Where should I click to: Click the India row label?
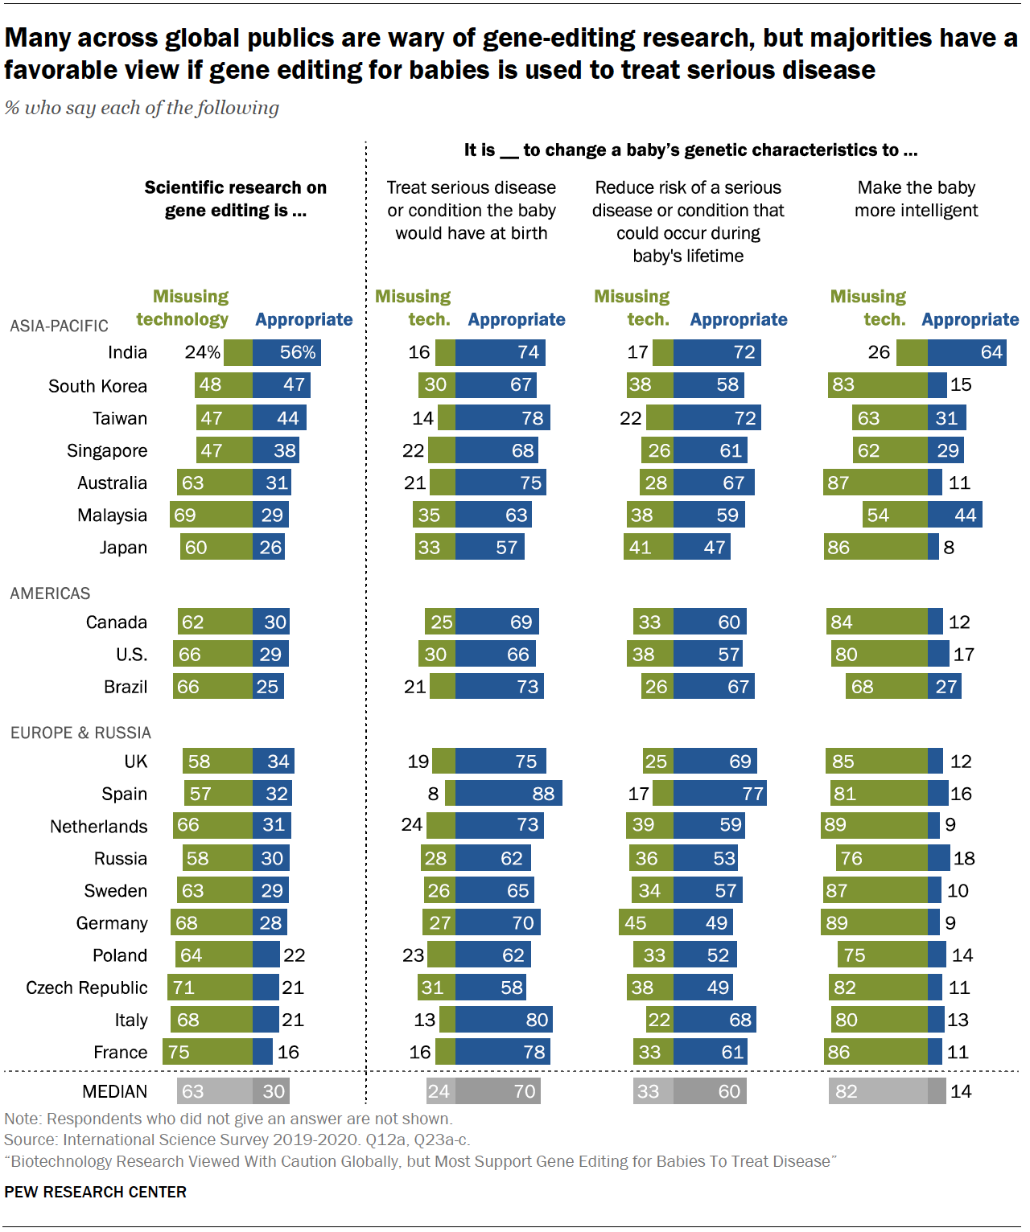[x=127, y=352]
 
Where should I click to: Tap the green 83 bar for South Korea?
[x=877, y=384]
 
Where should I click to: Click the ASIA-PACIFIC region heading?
[x=59, y=326]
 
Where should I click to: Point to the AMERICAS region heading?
[x=50, y=593]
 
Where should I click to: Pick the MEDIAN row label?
[x=114, y=1091]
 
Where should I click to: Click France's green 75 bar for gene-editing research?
[x=208, y=1052]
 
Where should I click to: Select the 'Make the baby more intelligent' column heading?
[x=916, y=199]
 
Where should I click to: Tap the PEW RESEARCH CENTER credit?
[x=95, y=1192]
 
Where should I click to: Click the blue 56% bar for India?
[x=286, y=352]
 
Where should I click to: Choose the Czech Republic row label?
[x=86, y=988]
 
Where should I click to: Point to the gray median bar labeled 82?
[x=878, y=1091]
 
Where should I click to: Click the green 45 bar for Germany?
[x=646, y=922]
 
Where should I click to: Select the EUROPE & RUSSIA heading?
[x=80, y=733]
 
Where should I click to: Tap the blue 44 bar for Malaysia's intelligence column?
[x=954, y=515]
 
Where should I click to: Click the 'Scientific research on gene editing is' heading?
[x=235, y=199]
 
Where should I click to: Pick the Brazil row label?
[x=125, y=687]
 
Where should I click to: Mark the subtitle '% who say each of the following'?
[x=142, y=108]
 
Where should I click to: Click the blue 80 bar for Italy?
[x=504, y=1020]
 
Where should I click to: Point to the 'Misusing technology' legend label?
[x=183, y=308]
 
